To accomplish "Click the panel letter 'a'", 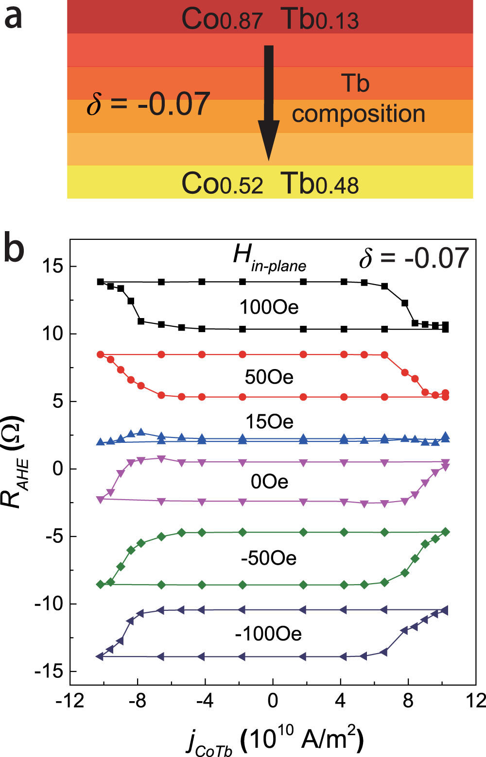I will tap(13, 18).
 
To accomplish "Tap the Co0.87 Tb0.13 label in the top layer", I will tap(270, 19).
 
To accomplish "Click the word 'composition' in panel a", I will tap(358, 114).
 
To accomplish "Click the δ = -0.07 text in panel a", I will tap(148, 104).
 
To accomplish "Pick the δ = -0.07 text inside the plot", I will tap(414, 258).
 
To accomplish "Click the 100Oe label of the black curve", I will tap(269, 307).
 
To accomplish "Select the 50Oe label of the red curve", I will tap(269, 377).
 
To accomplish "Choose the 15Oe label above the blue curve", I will tap(269, 421).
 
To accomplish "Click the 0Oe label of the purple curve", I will tap(269, 481).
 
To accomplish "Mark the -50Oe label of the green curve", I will tap(268, 558).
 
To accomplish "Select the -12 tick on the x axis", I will tap(70, 701).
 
